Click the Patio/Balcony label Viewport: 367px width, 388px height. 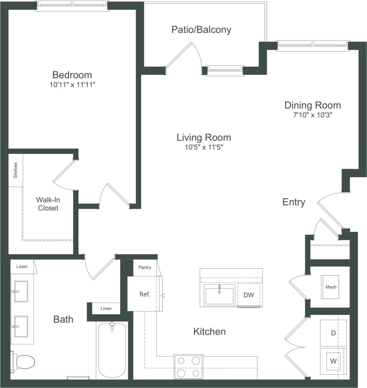[201, 30]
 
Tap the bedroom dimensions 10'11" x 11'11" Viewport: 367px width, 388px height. [73, 85]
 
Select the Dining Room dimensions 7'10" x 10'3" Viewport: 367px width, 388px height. [312, 115]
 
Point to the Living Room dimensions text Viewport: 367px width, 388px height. [203, 147]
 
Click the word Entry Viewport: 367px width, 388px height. [293, 202]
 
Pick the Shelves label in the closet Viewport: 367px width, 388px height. [15, 170]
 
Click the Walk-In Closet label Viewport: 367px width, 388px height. [48, 204]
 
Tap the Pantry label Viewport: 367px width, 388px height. [145, 267]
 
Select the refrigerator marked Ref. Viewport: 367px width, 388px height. [145, 294]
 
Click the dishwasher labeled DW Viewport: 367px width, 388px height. [248, 295]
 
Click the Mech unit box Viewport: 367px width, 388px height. [330, 287]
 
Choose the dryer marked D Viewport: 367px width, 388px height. [333, 333]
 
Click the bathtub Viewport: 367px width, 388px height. [112, 351]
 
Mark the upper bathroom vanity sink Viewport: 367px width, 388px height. [21, 292]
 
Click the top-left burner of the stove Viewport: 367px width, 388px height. [182, 360]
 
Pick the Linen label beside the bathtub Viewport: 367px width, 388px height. [106, 309]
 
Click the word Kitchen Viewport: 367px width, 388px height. [209, 331]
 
